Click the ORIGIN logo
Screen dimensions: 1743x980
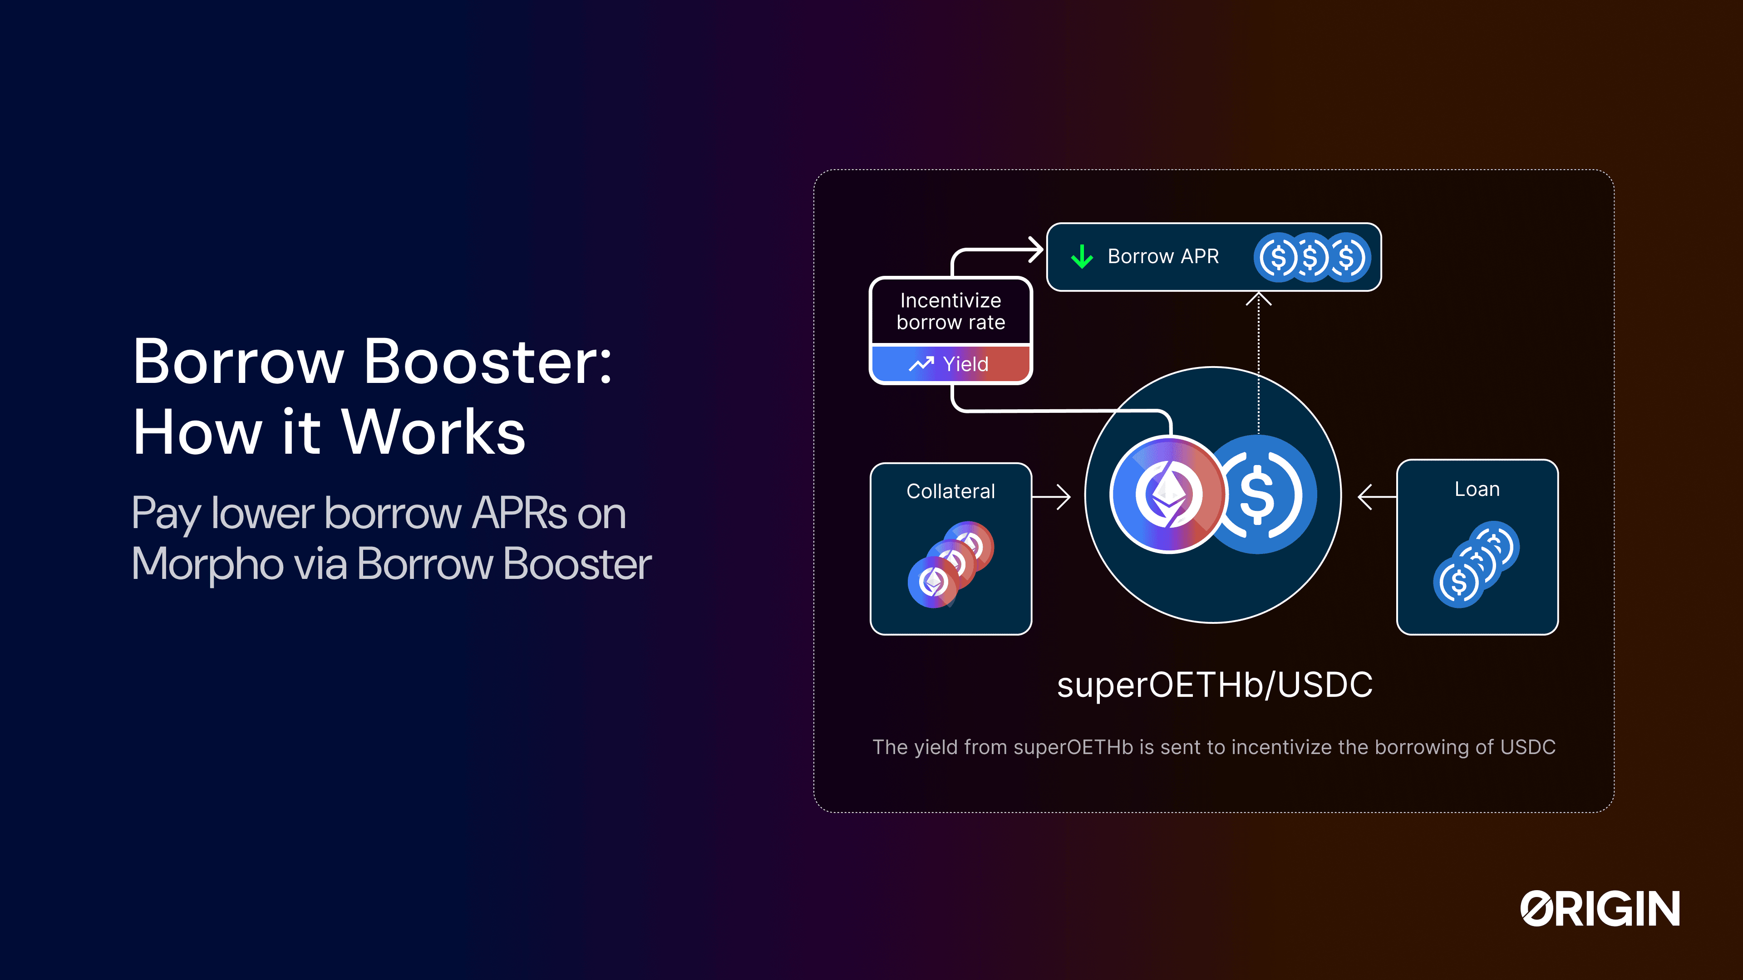1600,908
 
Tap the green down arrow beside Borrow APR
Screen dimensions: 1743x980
1082,257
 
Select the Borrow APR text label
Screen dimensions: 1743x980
1163,256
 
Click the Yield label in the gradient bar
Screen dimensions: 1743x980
965,364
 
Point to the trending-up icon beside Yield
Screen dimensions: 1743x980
921,364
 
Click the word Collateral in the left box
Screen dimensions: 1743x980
950,491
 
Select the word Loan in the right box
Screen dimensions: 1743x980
1477,489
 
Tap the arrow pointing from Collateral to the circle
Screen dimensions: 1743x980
1052,497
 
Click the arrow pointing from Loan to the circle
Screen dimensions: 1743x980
1377,497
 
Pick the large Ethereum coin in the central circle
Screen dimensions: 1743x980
1168,495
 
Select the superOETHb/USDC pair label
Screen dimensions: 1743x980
1215,685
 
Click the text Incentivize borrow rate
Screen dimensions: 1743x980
950,311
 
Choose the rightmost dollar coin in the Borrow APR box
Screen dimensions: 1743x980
1347,257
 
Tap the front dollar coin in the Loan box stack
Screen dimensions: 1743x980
1458,582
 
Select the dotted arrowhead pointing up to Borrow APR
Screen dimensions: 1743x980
1259,298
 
